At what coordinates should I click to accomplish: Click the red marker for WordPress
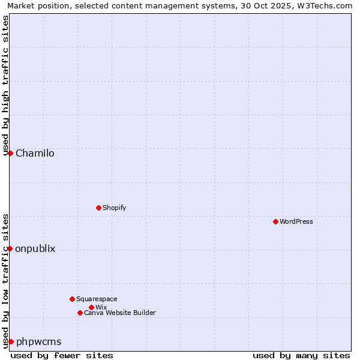[x=275, y=221]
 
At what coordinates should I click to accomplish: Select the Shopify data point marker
[x=98, y=208]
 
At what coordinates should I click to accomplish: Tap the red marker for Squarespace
[x=72, y=299]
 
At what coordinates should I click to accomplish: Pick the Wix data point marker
[x=91, y=307]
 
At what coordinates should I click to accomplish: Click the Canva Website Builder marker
[x=80, y=313]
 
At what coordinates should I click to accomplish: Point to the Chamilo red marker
[x=10, y=153]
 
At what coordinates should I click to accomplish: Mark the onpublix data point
[x=10, y=248]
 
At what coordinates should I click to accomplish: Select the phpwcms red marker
[x=11, y=341]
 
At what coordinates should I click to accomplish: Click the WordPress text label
[x=296, y=221]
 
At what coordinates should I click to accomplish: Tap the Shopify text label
[x=114, y=208]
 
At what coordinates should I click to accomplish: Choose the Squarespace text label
[x=97, y=299]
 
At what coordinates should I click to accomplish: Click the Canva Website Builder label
[x=120, y=313]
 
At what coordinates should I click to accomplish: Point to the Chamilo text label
[x=35, y=153]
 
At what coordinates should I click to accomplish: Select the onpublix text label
[x=35, y=248]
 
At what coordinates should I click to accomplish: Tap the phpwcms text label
[x=38, y=341]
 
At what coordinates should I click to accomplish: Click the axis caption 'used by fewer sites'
[x=62, y=355]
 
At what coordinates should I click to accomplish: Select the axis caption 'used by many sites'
[x=301, y=355]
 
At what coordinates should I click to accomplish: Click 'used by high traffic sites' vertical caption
[x=5, y=86]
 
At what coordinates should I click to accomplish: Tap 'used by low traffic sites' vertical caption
[x=5, y=281]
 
